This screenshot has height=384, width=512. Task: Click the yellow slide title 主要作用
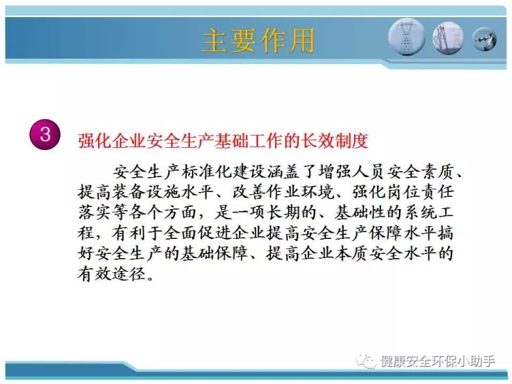[x=258, y=41]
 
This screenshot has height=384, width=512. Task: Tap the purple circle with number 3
[x=45, y=134]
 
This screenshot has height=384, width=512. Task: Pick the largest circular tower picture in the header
[x=407, y=37]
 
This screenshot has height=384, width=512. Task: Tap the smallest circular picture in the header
[x=484, y=40]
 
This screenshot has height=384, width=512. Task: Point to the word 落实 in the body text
[x=95, y=213]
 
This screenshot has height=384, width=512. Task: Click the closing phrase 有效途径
[x=112, y=273]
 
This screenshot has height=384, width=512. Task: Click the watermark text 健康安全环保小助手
[x=437, y=361]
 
